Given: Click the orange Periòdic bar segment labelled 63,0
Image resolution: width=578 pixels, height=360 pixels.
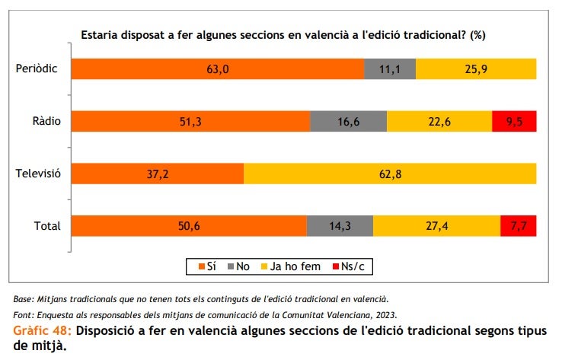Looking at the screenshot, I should point(218,69).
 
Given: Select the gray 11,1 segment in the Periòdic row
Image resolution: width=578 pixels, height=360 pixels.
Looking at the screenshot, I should point(390,69).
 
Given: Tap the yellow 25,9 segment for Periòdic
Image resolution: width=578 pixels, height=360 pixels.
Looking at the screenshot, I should point(476,69).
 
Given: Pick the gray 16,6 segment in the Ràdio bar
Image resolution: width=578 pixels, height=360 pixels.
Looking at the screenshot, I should point(348,122).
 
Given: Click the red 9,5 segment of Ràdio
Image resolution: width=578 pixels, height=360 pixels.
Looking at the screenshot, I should point(514,122).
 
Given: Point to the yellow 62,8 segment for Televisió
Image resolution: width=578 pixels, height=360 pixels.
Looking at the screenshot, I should point(390,174).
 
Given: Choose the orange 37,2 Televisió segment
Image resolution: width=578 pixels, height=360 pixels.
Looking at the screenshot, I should point(158,174).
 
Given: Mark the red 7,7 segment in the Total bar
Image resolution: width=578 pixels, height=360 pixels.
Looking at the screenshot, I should point(518,226).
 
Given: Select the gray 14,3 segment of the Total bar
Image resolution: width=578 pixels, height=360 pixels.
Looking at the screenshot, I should point(340,226).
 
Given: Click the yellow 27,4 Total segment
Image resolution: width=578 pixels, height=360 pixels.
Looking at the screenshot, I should point(436,226).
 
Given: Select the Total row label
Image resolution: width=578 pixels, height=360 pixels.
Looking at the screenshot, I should point(46,226).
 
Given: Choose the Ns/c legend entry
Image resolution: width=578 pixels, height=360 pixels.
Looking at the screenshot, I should point(347,266).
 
